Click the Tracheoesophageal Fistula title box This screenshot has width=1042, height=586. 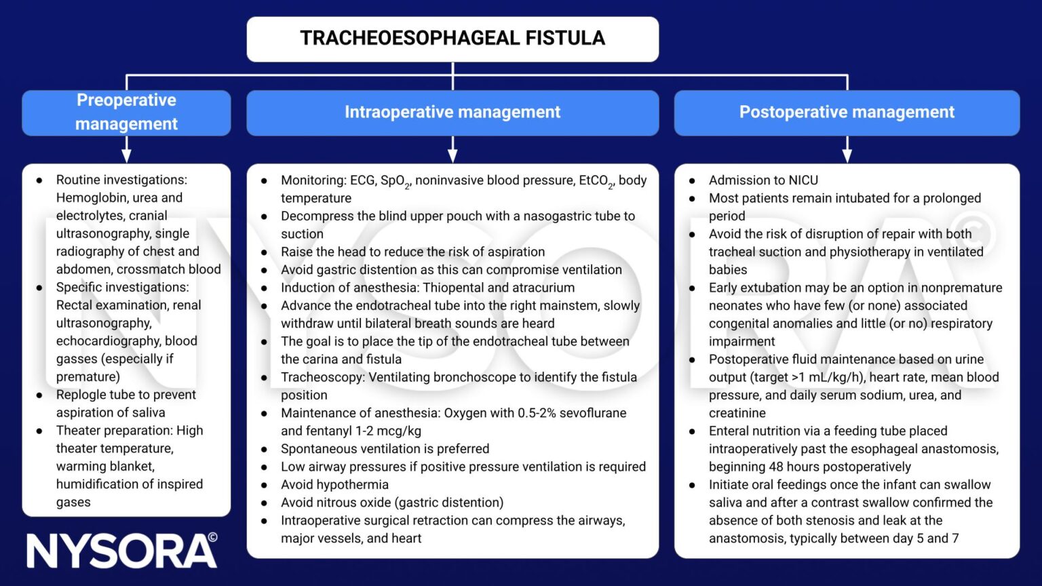(x=452, y=39)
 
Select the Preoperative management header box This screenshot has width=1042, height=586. (x=126, y=112)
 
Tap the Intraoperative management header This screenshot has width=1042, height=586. (x=452, y=112)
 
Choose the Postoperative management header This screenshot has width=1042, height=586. (x=847, y=112)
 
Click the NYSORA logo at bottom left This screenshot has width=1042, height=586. (x=122, y=550)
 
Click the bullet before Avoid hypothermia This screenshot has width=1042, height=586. (x=264, y=485)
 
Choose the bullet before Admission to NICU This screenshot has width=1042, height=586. (x=692, y=180)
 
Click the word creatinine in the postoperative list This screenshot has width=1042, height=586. (x=737, y=413)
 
